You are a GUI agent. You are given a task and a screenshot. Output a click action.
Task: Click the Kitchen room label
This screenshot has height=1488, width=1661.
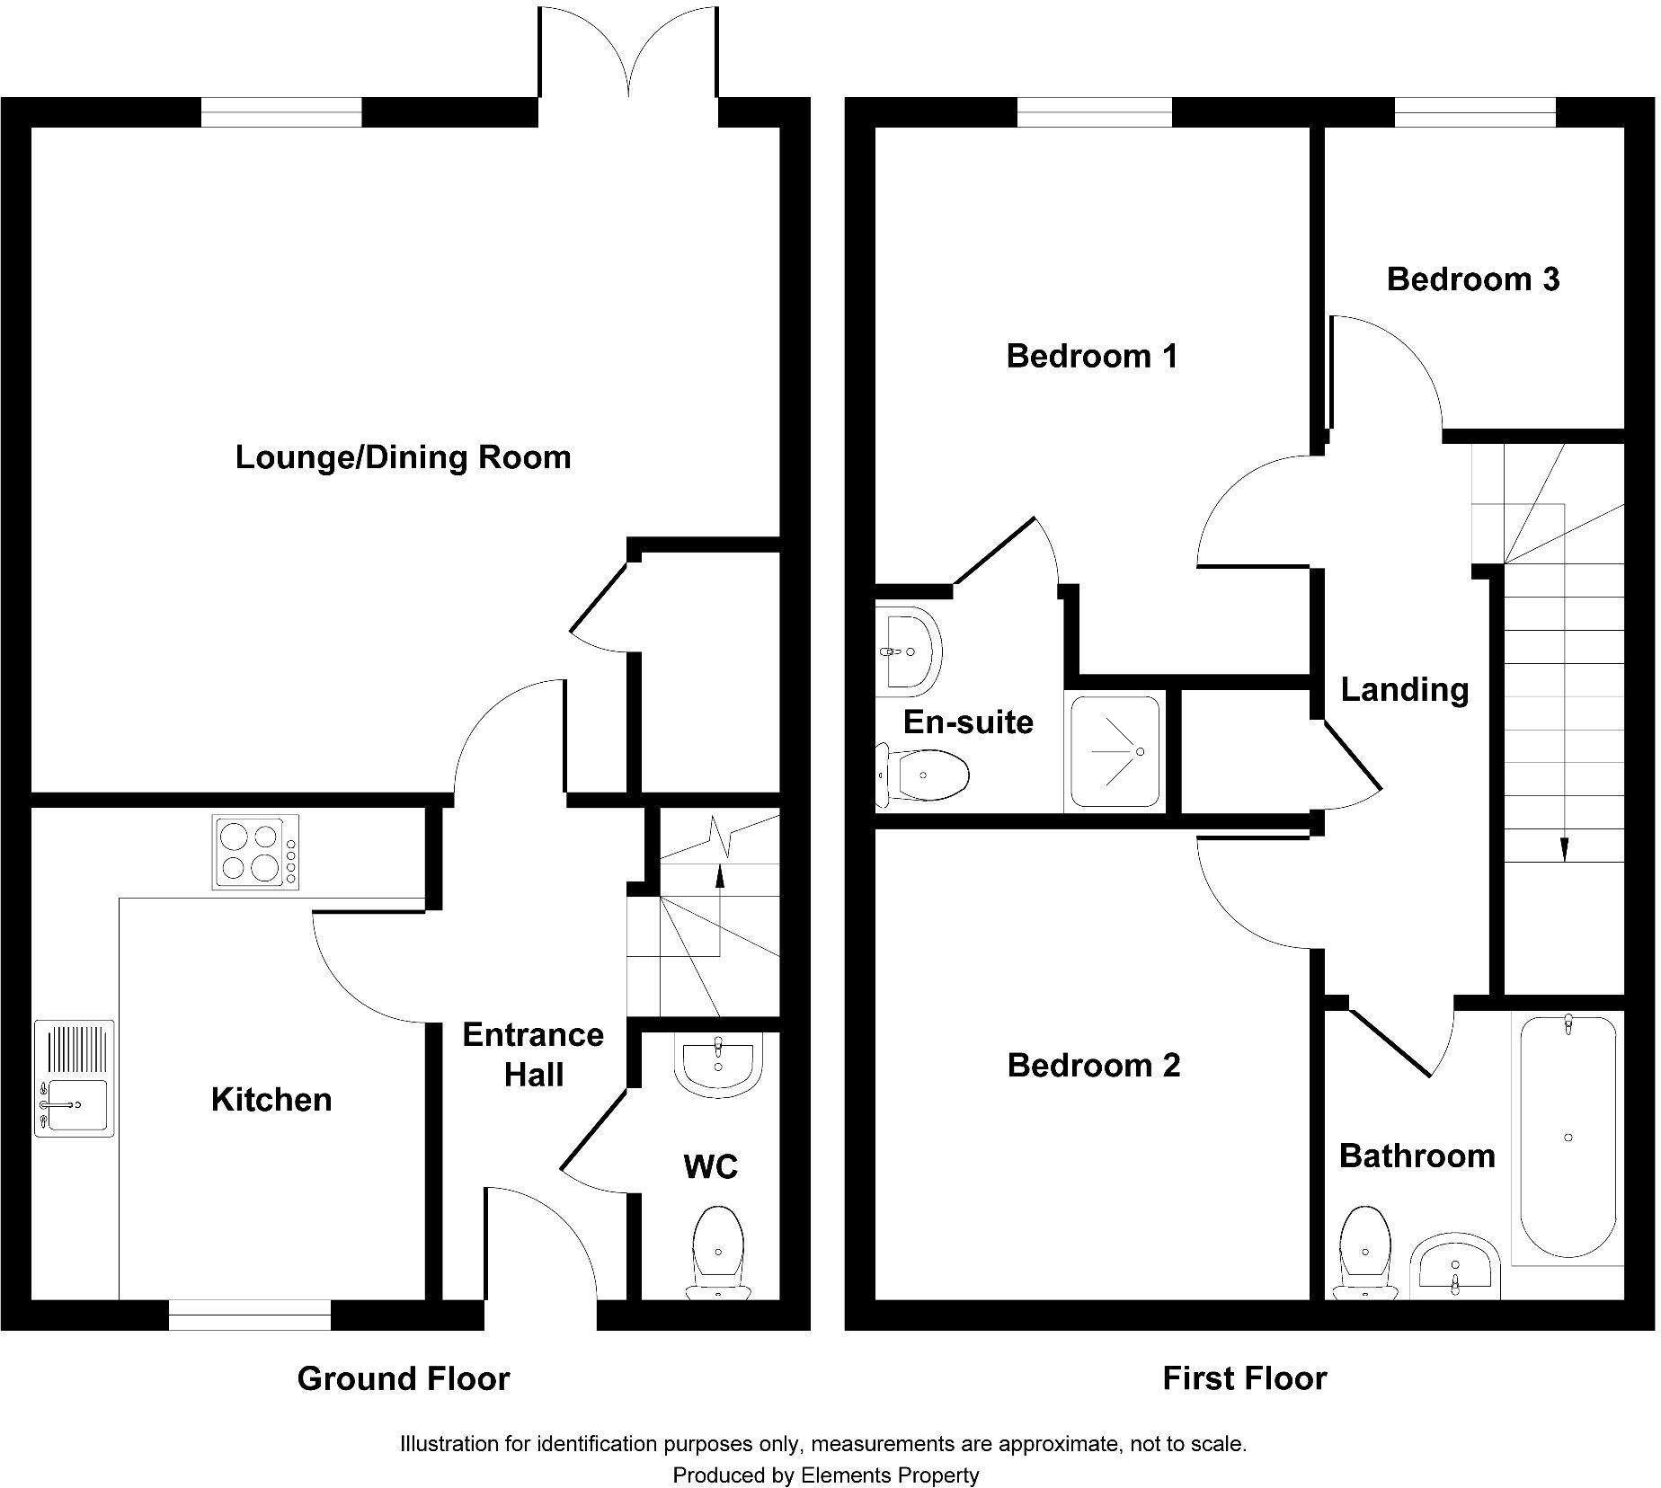(271, 1099)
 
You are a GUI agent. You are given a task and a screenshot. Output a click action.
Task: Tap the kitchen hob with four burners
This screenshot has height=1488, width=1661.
(255, 852)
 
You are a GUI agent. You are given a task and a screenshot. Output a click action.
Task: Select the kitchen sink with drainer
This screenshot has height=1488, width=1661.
(75, 1078)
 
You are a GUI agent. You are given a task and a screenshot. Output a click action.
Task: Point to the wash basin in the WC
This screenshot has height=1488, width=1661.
(718, 1065)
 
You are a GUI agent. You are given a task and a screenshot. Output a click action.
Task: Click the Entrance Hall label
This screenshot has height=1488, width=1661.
(533, 1055)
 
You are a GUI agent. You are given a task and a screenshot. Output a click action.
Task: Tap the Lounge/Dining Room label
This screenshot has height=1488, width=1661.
(403, 457)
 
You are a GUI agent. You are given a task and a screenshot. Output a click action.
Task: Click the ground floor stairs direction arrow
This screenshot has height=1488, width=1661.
(719, 875)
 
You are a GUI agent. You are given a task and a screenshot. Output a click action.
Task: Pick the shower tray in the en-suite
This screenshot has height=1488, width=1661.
(1115, 753)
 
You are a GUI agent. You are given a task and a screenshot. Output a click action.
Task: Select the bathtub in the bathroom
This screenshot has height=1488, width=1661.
(1568, 1137)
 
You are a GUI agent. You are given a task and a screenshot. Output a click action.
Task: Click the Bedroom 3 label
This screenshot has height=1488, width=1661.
(1473, 279)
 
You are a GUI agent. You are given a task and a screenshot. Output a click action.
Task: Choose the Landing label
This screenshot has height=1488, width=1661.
(1404, 689)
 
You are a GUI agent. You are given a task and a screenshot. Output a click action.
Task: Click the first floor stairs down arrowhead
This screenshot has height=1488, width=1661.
(1565, 849)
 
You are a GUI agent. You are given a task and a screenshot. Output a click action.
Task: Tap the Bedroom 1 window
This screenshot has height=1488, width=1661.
(1095, 113)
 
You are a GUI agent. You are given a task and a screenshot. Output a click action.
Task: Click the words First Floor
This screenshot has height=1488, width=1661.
(1244, 1378)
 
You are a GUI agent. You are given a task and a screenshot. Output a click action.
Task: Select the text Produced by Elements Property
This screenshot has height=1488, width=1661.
(825, 1475)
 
